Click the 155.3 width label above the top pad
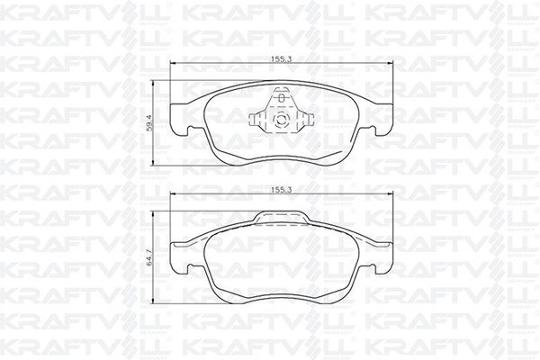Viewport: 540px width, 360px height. click(x=282, y=58)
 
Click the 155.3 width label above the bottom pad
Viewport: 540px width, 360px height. click(x=282, y=190)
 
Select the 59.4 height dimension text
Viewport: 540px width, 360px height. click(x=148, y=122)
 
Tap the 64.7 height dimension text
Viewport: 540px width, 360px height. click(x=148, y=257)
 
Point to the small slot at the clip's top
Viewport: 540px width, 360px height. click(x=282, y=98)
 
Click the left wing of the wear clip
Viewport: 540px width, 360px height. click(x=256, y=120)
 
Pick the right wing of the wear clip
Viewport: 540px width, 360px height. click(x=306, y=120)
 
